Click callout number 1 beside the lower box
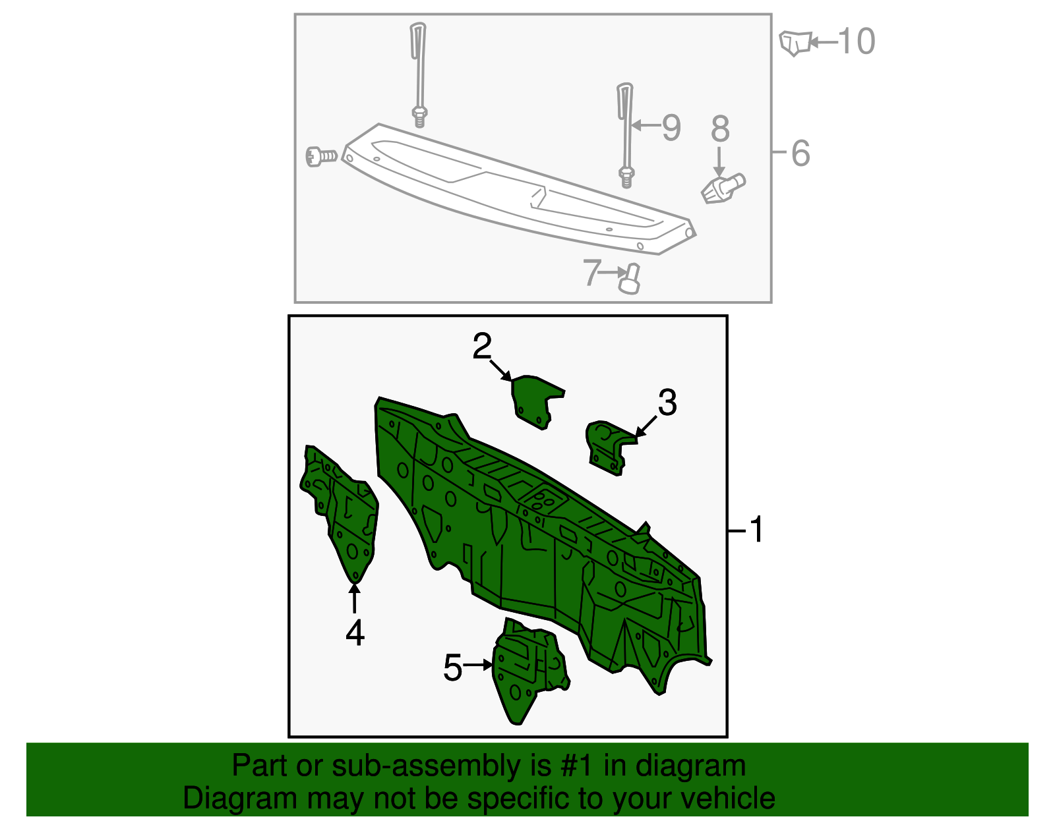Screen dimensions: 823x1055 [756, 529]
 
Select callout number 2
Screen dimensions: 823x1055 [482, 346]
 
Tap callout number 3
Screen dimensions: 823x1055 [667, 402]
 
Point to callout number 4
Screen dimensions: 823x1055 [355, 633]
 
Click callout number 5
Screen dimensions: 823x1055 [453, 667]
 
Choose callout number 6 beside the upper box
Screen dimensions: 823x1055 [800, 153]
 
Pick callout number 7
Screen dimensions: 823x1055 [592, 272]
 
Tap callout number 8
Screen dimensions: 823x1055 [720, 129]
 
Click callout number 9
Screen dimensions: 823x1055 [671, 127]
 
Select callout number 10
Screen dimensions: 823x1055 [856, 42]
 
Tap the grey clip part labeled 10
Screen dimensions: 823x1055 [794, 43]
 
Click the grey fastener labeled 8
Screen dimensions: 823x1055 [722, 188]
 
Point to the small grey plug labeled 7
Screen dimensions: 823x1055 [630, 279]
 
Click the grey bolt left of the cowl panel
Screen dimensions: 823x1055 [321, 156]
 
